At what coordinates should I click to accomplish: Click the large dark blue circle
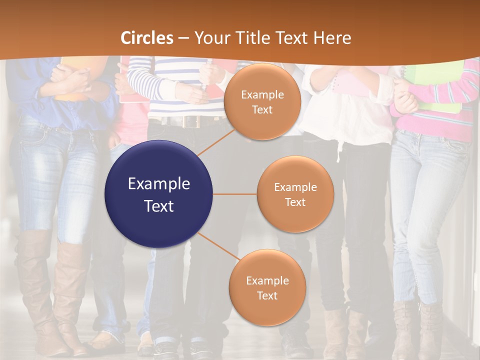tap(158, 194)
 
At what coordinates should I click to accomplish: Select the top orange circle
tap(261, 101)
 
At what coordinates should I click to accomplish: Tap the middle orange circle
tap(295, 194)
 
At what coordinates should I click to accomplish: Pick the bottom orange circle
tap(267, 287)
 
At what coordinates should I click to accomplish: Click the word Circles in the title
tap(147, 38)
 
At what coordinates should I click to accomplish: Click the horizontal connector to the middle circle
tap(234, 194)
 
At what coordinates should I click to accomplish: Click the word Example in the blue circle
tap(159, 184)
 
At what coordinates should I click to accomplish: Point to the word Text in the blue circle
tap(159, 206)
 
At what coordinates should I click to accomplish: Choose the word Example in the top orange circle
tap(262, 95)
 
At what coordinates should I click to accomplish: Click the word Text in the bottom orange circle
tap(267, 295)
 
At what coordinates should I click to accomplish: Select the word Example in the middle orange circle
tap(295, 187)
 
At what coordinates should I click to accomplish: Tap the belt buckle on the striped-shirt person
tap(190, 121)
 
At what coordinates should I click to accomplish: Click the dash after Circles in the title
tap(183, 38)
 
